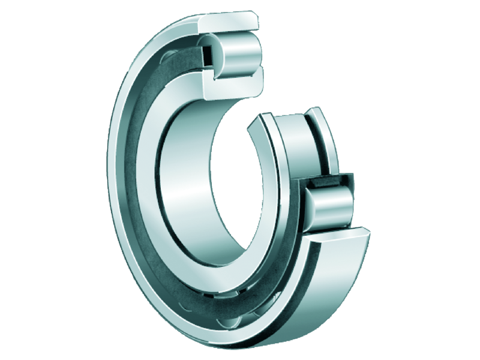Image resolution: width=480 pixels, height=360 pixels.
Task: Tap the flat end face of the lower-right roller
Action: coord(313,210)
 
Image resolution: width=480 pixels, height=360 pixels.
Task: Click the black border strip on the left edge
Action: coord(24,180)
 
